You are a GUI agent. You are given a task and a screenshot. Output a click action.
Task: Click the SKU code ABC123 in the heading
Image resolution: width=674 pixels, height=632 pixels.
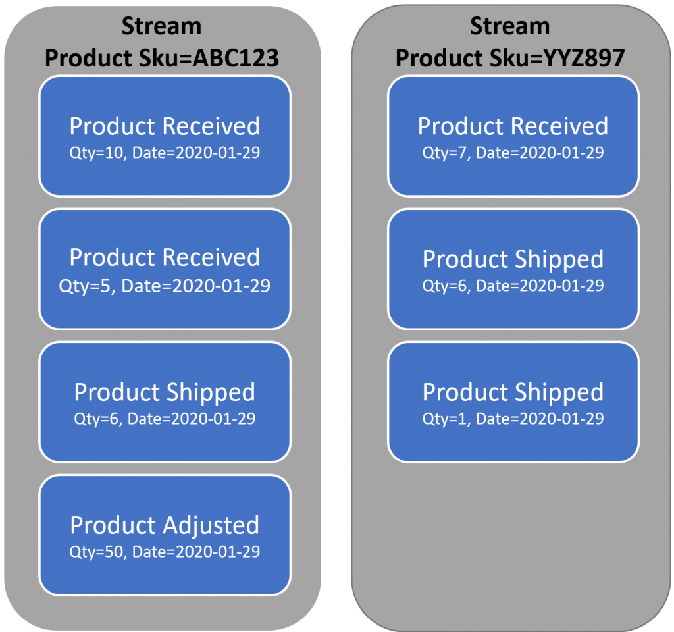[x=236, y=58]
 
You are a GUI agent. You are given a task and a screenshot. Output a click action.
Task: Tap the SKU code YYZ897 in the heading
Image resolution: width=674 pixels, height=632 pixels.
[x=583, y=58]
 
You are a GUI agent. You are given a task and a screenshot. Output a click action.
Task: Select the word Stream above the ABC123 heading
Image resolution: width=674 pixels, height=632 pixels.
[x=162, y=26]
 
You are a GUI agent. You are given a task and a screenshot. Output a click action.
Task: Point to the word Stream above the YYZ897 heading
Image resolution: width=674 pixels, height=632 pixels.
[x=510, y=26]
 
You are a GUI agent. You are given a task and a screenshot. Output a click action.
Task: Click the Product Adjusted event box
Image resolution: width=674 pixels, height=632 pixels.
[x=165, y=535]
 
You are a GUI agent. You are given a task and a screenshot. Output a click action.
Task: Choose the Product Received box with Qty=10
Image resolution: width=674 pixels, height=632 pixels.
[x=165, y=136]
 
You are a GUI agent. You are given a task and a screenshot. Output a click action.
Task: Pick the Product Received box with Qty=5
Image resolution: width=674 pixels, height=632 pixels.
[x=165, y=269]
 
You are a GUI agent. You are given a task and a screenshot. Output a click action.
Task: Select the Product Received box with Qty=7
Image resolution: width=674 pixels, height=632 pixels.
[x=513, y=136]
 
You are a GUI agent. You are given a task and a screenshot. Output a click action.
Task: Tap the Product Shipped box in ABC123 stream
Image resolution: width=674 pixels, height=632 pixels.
[x=165, y=402]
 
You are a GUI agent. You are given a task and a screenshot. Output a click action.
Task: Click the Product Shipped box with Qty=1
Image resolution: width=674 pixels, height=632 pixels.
[x=513, y=402]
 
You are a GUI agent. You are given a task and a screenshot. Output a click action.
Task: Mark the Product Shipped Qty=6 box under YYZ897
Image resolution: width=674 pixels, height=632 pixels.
[x=513, y=269]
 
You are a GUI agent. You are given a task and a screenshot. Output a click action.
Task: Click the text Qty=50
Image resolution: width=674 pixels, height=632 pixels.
[x=97, y=552]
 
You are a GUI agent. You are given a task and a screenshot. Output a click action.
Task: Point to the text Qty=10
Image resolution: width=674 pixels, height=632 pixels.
[x=97, y=153]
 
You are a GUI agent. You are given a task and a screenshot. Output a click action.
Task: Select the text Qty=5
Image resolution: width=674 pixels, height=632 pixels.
[x=86, y=286]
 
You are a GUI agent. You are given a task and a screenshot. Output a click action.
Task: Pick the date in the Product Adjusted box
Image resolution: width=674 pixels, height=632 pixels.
[x=196, y=552]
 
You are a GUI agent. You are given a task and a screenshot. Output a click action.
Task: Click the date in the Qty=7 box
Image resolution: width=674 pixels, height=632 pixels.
[x=540, y=153]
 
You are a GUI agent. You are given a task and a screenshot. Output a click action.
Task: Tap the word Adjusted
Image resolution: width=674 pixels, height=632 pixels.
[x=211, y=526]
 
